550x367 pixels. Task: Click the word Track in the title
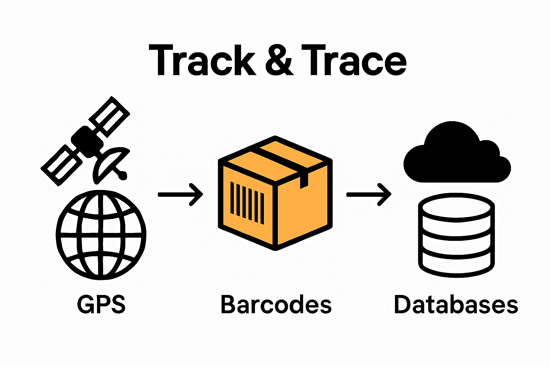point(202,61)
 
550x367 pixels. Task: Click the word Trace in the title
point(354,61)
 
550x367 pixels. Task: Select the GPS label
point(101,305)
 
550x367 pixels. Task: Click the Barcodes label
point(276,305)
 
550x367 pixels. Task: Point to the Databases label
point(456,305)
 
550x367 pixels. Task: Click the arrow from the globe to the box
point(180,195)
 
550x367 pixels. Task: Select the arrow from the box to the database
point(368,195)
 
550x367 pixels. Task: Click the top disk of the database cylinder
point(457,208)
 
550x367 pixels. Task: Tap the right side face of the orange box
point(303,210)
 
